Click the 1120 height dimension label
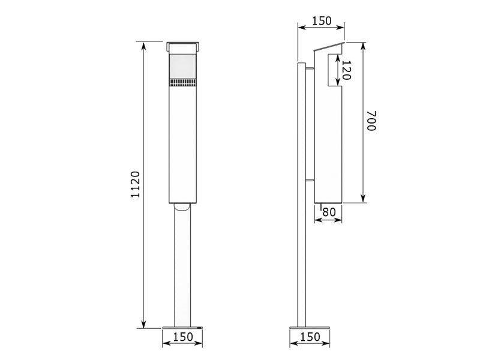[135, 184]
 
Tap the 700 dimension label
[371, 121]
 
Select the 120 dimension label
[346, 70]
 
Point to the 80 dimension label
[329, 212]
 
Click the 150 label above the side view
[322, 21]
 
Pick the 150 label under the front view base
[183, 337]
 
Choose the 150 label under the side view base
[310, 337]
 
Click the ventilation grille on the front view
[183, 82]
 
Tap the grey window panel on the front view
[183, 67]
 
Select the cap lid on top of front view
[183, 47]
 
